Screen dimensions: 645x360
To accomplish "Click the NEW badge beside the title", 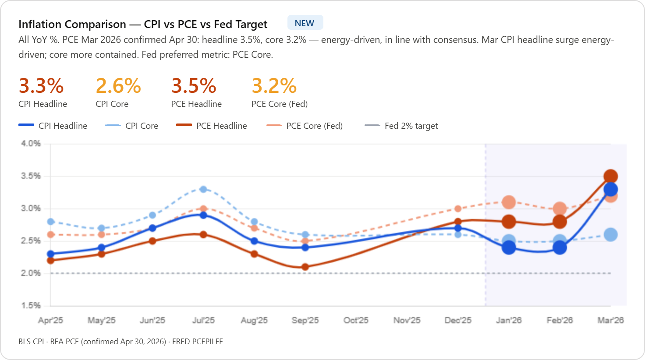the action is click(305, 23).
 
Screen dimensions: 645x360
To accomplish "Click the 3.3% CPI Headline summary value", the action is click(41, 86).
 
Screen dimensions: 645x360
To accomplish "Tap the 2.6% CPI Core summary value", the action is click(118, 86).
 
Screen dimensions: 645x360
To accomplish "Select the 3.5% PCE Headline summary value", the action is click(194, 86).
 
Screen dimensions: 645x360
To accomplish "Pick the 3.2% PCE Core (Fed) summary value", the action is click(274, 86).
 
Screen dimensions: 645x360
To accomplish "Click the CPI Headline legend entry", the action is click(53, 126).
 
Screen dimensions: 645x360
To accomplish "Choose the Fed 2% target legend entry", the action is click(401, 126).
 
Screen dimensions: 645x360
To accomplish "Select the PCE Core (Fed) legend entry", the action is click(305, 126).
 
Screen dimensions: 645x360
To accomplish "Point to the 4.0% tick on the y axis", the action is click(31, 143).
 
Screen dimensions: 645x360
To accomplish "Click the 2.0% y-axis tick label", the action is click(31, 273).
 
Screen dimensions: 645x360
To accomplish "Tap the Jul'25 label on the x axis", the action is click(203, 320).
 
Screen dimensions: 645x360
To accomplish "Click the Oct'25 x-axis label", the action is click(356, 320).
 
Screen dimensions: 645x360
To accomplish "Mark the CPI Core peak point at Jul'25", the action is click(203, 189).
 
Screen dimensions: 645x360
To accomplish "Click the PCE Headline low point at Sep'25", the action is click(305, 267).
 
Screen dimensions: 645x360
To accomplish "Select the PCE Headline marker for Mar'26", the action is click(610, 176).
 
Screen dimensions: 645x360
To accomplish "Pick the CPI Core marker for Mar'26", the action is click(610, 235).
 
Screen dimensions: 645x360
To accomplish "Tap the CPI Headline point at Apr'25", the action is click(51, 254).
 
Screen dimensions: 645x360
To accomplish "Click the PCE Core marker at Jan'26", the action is click(509, 202).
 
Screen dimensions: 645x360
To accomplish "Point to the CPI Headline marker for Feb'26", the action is click(560, 247).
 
